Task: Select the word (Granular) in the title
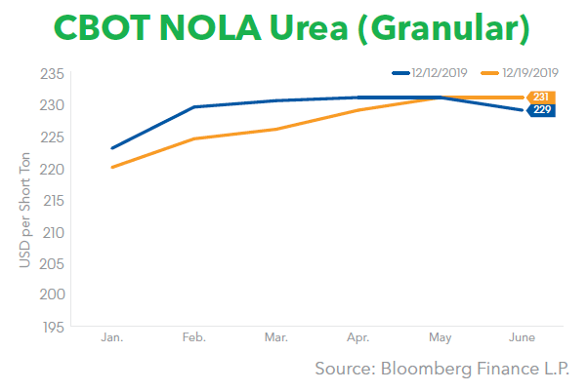tap(447, 30)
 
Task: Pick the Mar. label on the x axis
tap(275, 337)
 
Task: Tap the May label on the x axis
tap(440, 337)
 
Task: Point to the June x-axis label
tap(520, 337)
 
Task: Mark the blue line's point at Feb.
tap(194, 107)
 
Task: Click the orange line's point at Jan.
tap(112, 167)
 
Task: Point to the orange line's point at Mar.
tap(275, 129)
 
